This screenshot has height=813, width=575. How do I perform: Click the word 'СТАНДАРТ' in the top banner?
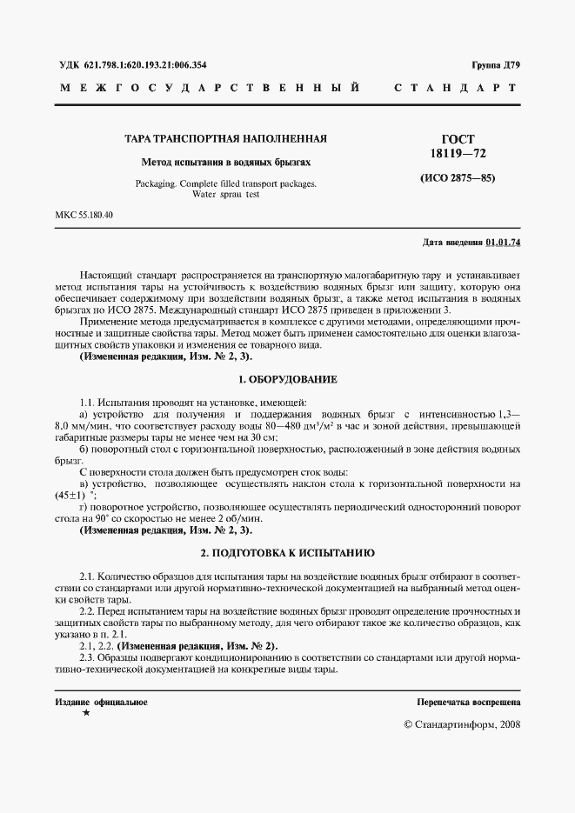pos(456,89)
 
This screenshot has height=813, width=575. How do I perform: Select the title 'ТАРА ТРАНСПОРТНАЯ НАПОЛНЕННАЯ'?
pos(225,139)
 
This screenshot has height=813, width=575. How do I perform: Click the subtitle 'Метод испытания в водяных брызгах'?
pos(225,163)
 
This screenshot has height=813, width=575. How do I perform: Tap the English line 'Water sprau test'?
pos(226,194)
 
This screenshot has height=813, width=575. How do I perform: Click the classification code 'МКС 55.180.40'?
pos(84,215)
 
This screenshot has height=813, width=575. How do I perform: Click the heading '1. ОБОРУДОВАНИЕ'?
pos(287,380)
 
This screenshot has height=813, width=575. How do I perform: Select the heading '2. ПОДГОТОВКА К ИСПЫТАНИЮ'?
pos(287,552)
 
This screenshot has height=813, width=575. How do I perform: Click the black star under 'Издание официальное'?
pos(85,713)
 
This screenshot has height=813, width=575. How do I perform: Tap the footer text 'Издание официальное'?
pos(101,701)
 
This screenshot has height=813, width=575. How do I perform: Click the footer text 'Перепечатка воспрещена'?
pos(469,701)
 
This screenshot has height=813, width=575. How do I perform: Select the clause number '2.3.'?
pos(88,657)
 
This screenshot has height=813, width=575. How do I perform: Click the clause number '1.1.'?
pos(88,402)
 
